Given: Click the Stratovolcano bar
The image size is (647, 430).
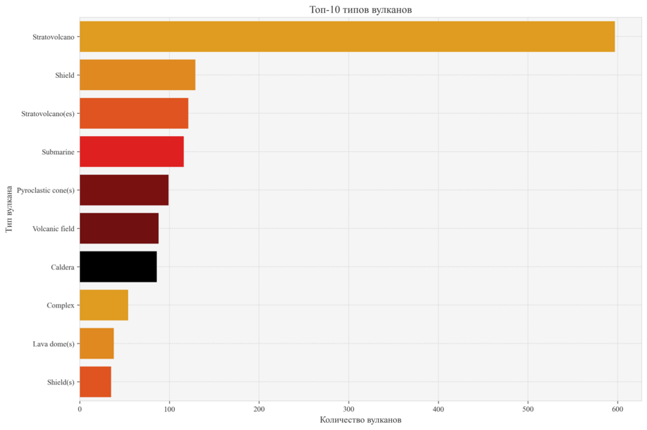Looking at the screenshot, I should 347,37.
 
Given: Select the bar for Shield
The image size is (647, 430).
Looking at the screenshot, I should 137,75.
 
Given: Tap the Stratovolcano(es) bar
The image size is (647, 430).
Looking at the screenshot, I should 134,113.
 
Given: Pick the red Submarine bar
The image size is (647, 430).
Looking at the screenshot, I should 132,151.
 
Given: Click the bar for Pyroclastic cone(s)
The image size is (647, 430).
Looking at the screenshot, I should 124,190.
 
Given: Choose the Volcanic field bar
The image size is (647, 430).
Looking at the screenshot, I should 119,228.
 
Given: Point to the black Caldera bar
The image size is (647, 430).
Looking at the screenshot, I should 118,266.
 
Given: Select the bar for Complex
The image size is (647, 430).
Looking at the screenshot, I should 104,305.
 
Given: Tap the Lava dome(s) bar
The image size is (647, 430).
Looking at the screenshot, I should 96,344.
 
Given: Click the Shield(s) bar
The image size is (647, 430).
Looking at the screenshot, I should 95,382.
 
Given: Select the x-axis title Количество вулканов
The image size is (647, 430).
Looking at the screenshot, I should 360,420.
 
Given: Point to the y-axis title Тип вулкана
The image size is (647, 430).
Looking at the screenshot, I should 9,209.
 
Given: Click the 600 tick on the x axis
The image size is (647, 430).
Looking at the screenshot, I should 618,409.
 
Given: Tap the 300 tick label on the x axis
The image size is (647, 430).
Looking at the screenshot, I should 349,409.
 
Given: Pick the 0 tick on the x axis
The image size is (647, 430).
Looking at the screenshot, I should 80,409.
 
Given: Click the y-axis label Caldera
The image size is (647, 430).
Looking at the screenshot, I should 63,267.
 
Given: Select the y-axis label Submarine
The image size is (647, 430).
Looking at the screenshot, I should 58,152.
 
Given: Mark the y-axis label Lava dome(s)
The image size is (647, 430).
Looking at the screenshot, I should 53,344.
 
